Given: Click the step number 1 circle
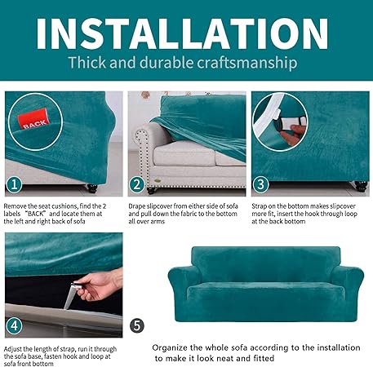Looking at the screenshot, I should (x=13, y=183).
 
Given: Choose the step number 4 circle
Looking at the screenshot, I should (x=13, y=325).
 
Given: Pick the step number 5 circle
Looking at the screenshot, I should (x=137, y=325).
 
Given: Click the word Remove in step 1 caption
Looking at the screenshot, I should (x=18, y=206).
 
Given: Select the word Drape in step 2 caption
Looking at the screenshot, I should (x=139, y=206).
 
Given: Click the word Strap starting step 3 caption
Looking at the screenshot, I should (x=261, y=206).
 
